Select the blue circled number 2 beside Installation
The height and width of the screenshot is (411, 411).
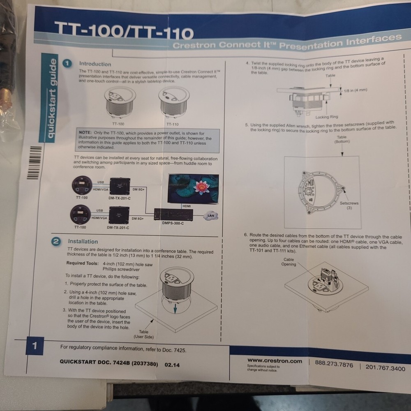pyautogui.click(x=55, y=242)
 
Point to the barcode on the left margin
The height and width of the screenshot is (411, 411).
pyautogui.click(x=35, y=162)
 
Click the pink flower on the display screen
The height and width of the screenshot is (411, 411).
pyautogui.click(x=201, y=187)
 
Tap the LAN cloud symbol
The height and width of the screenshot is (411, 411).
pyautogui.click(x=211, y=216)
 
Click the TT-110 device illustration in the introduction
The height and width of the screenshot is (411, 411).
pyautogui.click(x=173, y=102)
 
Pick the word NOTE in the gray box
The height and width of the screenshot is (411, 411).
pyautogui.click(x=85, y=133)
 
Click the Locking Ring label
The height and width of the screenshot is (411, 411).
pyautogui.click(x=326, y=117)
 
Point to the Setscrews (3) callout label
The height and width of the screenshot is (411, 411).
pyautogui.click(x=349, y=205)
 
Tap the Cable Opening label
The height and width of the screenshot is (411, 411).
pyautogui.click(x=289, y=262)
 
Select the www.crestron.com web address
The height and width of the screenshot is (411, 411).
pyautogui.click(x=275, y=361)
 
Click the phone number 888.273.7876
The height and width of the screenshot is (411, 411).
pyautogui.click(x=334, y=364)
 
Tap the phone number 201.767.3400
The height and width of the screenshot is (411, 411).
pyautogui.click(x=385, y=368)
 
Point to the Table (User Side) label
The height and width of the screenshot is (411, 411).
pyautogui.click(x=143, y=334)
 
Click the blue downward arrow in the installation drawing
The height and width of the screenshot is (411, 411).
pyautogui.click(x=175, y=308)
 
